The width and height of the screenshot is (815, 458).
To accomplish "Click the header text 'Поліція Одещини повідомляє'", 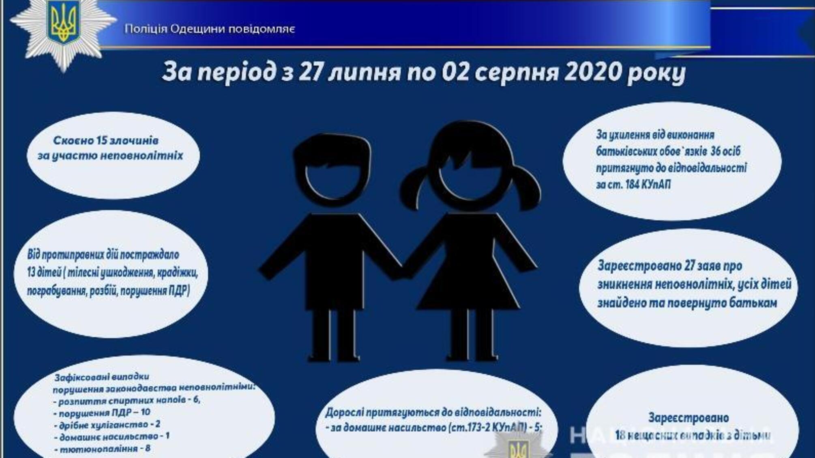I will pos(210,29).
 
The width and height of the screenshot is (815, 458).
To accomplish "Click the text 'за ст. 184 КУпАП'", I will pos(633,185).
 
